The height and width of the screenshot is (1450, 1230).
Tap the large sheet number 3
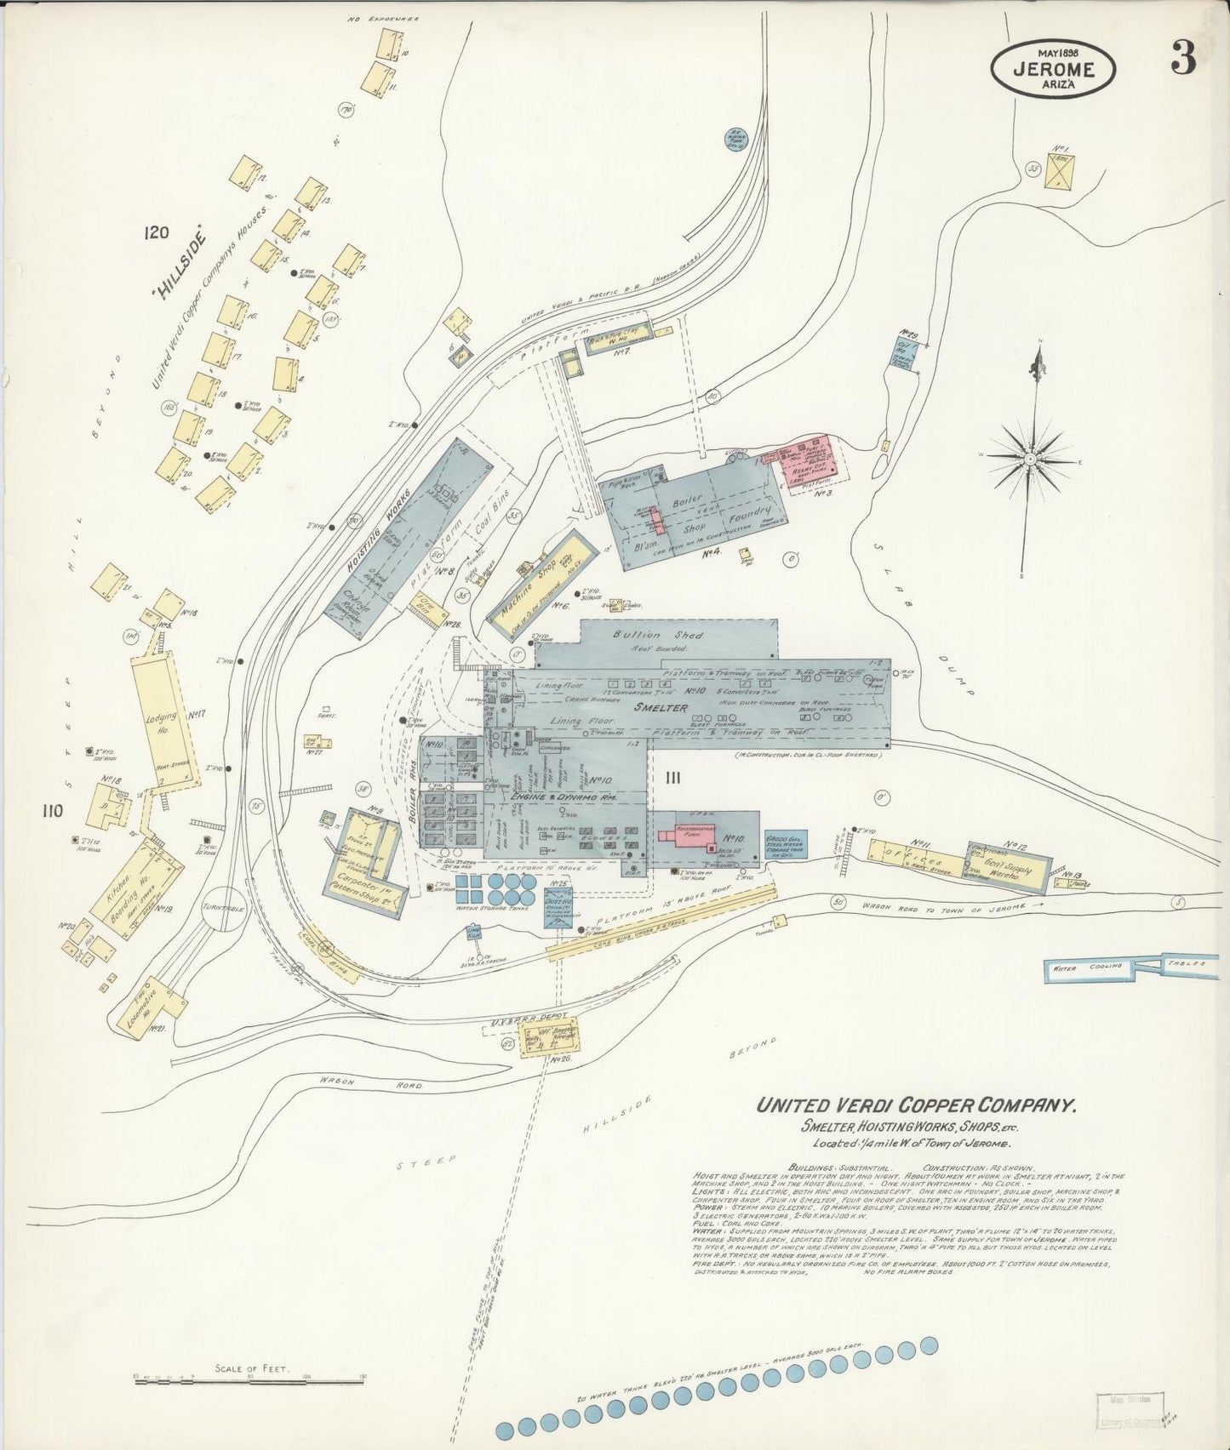1182,58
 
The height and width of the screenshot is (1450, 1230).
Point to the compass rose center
1030,459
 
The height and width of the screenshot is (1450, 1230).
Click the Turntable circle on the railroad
224,907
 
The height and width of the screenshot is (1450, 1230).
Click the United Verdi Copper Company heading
917,1105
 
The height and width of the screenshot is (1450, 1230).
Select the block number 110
54,811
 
